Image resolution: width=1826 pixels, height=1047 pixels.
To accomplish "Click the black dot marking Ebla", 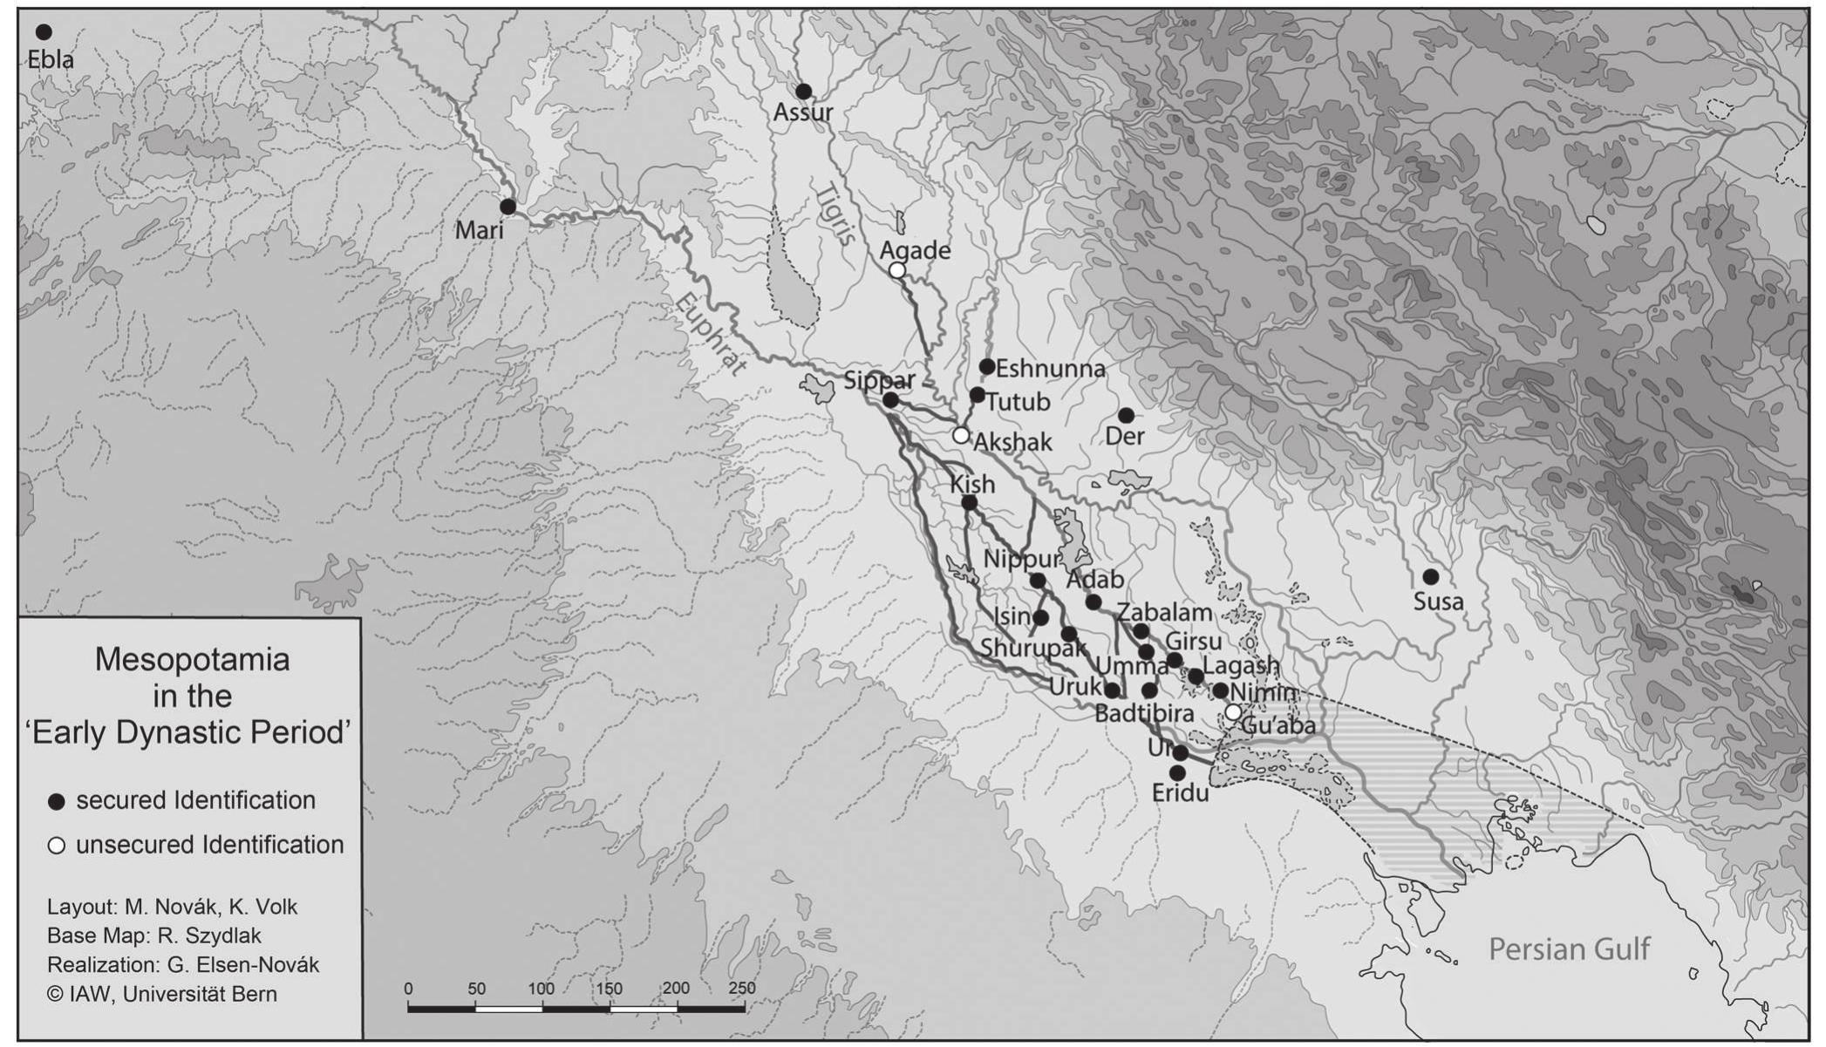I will [x=43, y=32].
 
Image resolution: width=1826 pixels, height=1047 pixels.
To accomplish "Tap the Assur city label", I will [x=803, y=112].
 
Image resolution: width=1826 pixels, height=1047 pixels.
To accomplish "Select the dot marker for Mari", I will [x=508, y=207].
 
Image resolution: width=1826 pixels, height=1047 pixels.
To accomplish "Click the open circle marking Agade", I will [x=896, y=270].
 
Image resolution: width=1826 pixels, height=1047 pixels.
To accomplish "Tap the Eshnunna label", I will [x=1050, y=369].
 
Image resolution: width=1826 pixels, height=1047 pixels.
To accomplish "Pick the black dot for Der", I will [x=1126, y=415].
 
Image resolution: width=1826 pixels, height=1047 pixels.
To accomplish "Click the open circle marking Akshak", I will [x=960, y=435].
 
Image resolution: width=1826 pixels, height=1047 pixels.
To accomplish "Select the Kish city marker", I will [x=969, y=503].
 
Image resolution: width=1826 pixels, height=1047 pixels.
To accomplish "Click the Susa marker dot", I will [x=1430, y=577].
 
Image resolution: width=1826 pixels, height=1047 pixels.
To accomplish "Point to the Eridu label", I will [x=1180, y=793].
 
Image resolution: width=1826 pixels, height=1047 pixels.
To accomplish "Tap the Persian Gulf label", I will [x=1569, y=948].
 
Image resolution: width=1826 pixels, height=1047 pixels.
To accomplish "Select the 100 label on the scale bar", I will [x=541, y=989].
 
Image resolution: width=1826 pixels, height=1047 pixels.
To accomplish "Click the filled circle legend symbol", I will [x=57, y=802].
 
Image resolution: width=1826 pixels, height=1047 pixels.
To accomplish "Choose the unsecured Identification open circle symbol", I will [x=57, y=846].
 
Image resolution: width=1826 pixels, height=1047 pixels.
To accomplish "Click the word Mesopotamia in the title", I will [x=192, y=660].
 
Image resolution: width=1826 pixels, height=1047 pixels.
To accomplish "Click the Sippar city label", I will [x=879, y=380].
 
